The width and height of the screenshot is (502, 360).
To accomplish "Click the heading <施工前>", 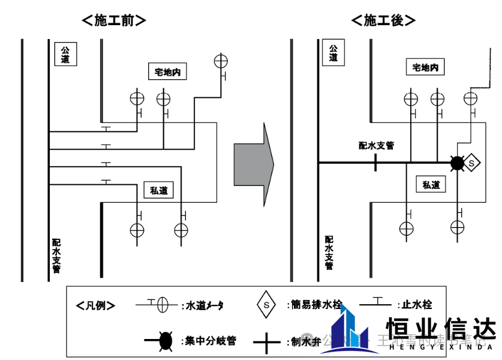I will [x=113, y=20].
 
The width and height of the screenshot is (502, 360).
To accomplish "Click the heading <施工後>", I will [x=383, y=20].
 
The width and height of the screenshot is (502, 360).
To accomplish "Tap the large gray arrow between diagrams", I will [x=254, y=164].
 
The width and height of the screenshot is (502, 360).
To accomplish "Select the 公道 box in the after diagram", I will [x=333, y=53].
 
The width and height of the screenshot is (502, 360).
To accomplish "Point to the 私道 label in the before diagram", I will [x=158, y=191].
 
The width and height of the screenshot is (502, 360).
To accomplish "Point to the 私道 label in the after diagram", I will [x=431, y=185].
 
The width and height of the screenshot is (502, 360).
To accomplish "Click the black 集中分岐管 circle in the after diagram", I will [x=458, y=162].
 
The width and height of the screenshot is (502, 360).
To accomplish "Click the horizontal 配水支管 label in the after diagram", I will [x=376, y=145].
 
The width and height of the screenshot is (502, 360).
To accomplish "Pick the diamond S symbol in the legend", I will [x=266, y=304].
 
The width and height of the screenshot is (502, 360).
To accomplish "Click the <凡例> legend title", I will [x=96, y=305].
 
